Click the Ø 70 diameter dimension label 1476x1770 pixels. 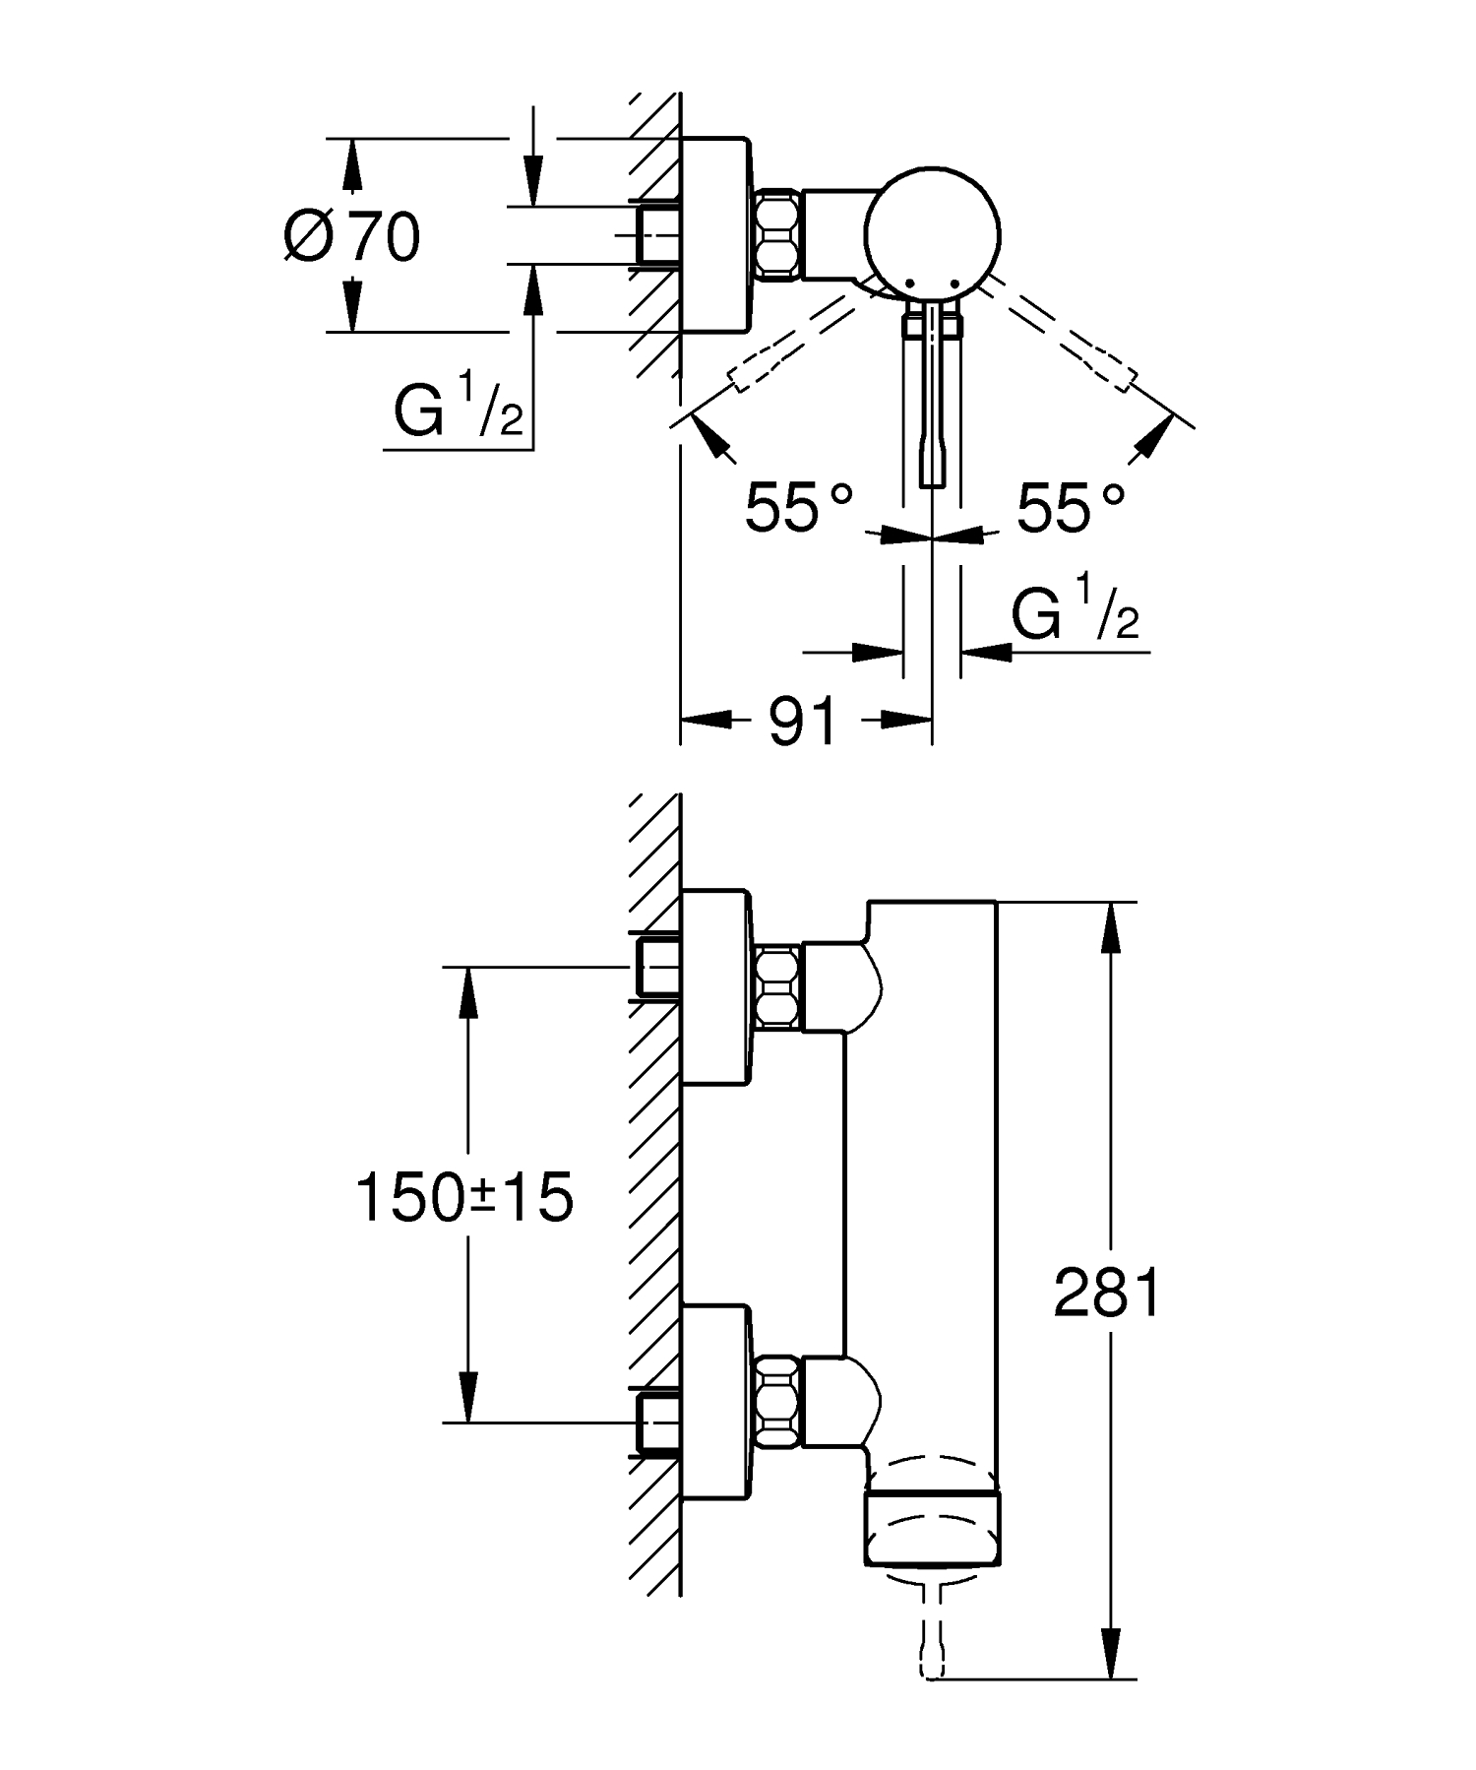tap(352, 236)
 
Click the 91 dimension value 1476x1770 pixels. tap(802, 721)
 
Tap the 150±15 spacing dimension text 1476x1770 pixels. tap(463, 1198)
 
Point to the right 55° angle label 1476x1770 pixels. tap(1071, 508)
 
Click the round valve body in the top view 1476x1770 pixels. tap(932, 231)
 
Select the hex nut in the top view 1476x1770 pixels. tap(778, 234)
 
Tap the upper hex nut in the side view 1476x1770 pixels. tap(778, 987)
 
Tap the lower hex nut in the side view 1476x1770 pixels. tap(778, 1401)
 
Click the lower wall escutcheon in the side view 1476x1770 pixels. tap(716, 1401)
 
